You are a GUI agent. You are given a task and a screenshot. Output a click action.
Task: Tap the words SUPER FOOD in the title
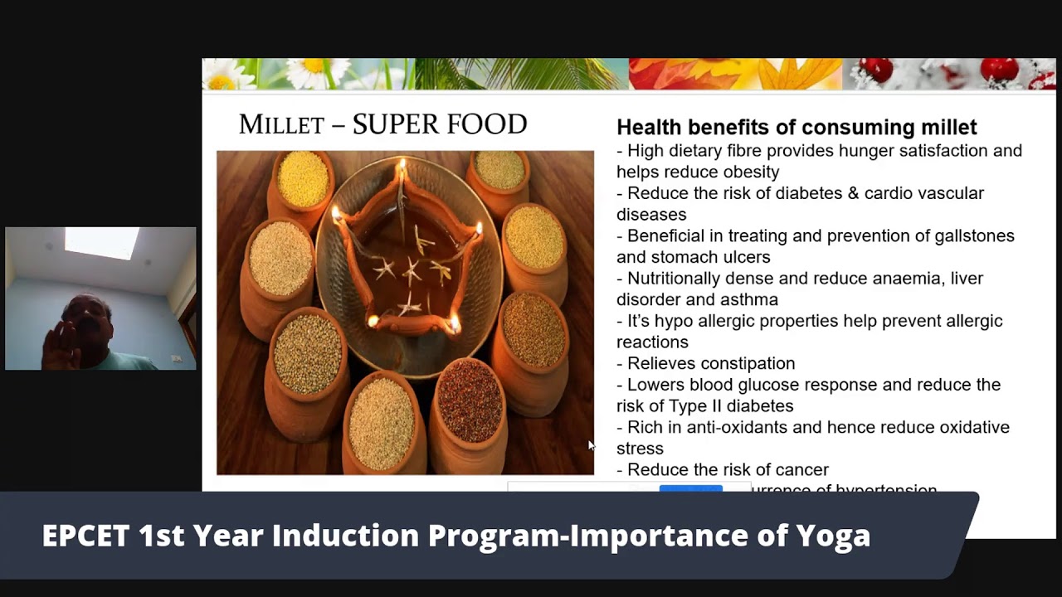pos(440,124)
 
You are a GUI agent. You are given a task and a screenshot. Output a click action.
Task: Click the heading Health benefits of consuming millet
pos(796,127)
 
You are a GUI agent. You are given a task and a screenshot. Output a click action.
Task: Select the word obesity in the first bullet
pos(751,172)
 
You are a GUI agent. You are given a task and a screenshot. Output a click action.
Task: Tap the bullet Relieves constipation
pos(710,364)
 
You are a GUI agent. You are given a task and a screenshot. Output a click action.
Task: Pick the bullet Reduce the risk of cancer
pos(727,470)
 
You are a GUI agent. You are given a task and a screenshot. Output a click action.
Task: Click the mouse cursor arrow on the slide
pos(591,445)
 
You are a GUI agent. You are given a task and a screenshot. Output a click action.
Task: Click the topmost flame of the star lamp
pos(402,165)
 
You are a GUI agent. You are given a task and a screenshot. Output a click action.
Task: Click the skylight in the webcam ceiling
pos(101,242)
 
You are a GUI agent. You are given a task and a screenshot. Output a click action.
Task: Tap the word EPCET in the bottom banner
pos(85,536)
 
